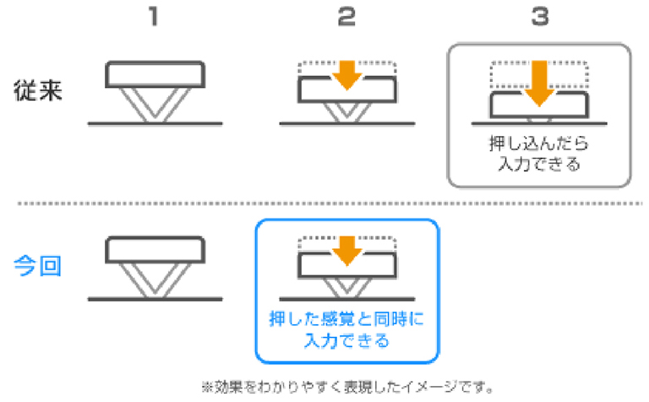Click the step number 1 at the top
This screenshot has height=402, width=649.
(153, 18)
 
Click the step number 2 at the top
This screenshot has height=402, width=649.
(346, 18)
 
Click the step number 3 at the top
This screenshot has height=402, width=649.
(538, 18)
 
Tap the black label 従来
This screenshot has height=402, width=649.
(40, 90)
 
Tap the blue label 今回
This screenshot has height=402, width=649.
(40, 267)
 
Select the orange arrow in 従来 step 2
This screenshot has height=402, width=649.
(346, 76)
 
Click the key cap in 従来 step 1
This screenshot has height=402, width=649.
(155, 75)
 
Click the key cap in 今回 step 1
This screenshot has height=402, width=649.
(155, 251)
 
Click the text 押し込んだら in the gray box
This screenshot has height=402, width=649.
(538, 143)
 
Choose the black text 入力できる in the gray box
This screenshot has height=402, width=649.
(538, 163)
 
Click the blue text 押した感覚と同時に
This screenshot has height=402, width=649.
(346, 321)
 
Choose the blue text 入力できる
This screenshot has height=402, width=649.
(346, 341)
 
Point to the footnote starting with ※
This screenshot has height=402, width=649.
(346, 387)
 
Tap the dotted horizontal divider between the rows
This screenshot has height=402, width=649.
(324, 204)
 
